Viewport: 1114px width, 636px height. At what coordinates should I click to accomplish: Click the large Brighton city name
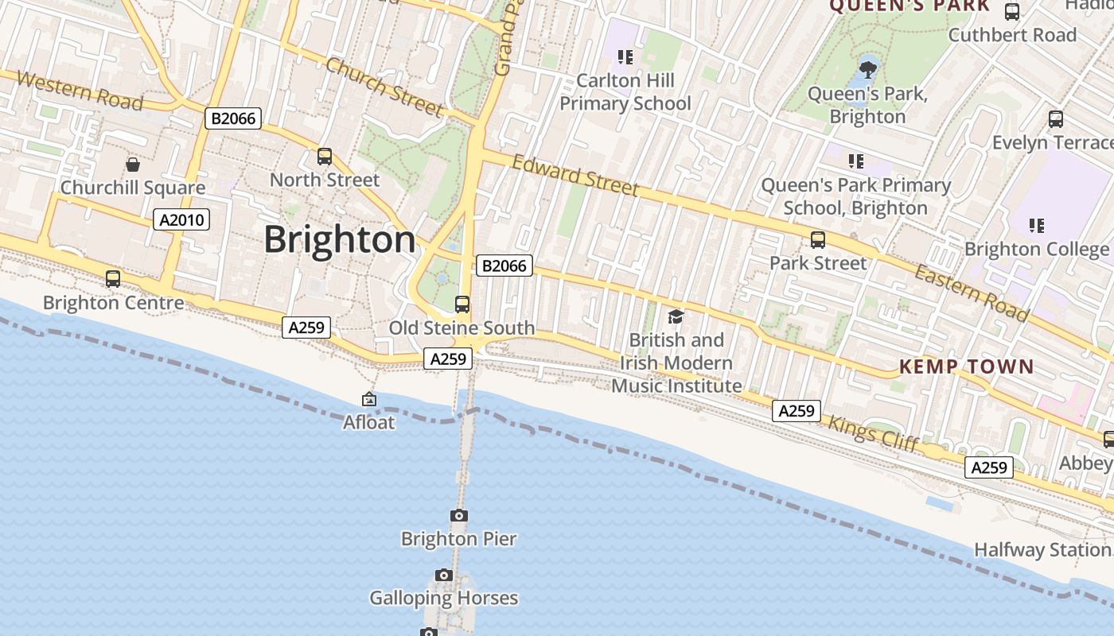click(x=340, y=239)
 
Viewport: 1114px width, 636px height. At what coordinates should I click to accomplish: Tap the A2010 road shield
click(x=181, y=219)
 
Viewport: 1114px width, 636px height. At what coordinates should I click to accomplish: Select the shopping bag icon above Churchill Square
click(x=133, y=165)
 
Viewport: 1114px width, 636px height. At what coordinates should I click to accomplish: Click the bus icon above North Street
click(x=325, y=157)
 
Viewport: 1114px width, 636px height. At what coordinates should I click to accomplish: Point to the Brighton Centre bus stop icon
click(x=113, y=279)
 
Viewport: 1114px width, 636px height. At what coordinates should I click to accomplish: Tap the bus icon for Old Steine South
click(x=462, y=304)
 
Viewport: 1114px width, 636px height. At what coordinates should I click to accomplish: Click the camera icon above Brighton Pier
click(x=459, y=516)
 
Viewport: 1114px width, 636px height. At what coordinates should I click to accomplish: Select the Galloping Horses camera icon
click(x=444, y=575)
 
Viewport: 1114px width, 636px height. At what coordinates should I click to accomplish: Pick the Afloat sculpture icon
click(x=369, y=399)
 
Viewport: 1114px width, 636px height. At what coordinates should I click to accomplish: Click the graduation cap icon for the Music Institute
click(x=676, y=317)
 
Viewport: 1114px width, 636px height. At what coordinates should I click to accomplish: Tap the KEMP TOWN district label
click(x=966, y=367)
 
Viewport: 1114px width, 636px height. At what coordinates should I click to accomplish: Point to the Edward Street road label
click(x=575, y=176)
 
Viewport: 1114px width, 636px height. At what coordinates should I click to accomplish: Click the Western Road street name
click(x=80, y=90)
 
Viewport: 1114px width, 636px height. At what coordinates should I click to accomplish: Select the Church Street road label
click(x=384, y=87)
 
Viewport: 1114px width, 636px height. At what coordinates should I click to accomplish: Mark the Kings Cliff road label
click(x=874, y=432)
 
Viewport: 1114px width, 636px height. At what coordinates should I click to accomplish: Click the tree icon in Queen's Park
click(x=868, y=69)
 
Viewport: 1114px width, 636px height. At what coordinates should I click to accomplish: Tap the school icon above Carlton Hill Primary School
click(x=625, y=57)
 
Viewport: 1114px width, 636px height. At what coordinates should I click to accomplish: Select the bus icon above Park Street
click(x=818, y=239)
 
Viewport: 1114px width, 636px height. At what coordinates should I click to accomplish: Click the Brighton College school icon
click(x=1036, y=226)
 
